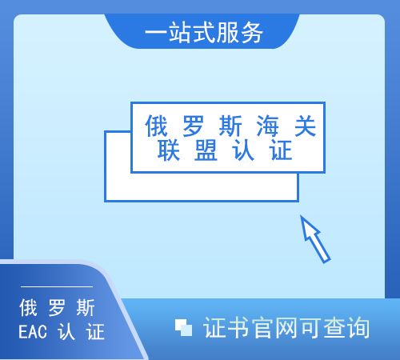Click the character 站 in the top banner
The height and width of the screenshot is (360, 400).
180,33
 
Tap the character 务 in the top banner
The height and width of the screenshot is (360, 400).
251,33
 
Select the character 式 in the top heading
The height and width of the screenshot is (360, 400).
204,33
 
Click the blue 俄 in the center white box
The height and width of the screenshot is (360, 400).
156,126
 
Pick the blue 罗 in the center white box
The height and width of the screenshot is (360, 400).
194,126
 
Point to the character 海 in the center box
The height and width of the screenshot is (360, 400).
267,126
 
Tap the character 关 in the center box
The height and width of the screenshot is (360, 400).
305,126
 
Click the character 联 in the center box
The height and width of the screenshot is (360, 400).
169,150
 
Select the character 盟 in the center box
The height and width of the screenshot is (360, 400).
206,150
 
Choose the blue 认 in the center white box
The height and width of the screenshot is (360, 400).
243,150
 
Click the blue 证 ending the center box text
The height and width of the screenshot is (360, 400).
281,150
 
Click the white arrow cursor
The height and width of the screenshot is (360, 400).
314,238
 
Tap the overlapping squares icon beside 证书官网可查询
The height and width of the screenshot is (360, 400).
183,327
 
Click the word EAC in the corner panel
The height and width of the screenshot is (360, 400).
33,332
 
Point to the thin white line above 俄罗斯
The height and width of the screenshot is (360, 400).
57,287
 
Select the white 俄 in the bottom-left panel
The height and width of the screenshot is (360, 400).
28,307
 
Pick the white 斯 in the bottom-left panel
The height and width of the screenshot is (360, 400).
86,307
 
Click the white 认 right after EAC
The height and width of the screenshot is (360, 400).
66,332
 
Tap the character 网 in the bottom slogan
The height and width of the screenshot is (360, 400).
286,327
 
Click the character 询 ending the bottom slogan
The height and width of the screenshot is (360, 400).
358,327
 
